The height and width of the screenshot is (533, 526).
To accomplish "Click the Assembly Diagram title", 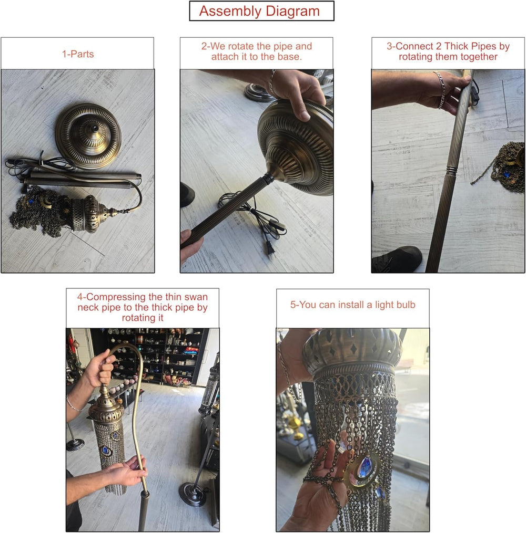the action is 259,11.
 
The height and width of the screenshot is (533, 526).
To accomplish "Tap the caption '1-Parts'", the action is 78,54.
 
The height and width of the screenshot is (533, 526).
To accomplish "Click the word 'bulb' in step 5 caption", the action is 406,305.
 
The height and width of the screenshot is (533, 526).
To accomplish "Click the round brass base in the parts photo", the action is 88,135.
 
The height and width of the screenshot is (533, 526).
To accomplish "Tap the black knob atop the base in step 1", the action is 95,129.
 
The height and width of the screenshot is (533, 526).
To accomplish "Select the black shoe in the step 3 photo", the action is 397,259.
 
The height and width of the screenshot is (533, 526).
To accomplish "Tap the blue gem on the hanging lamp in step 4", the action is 106,451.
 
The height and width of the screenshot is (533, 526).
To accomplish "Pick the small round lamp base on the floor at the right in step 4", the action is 194,494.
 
